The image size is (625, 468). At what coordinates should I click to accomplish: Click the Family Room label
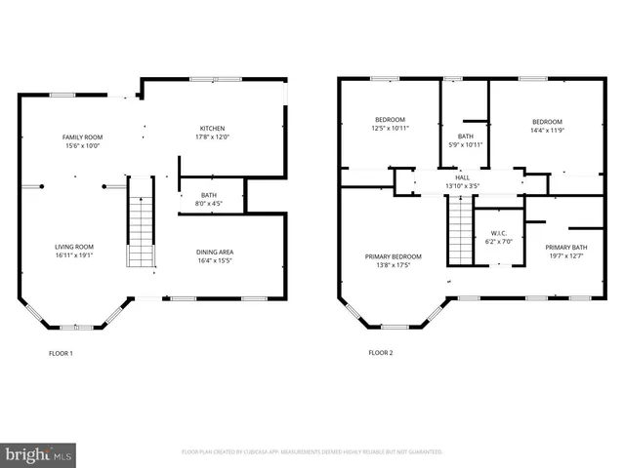[83, 137]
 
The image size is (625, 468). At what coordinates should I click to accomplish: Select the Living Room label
[74, 248]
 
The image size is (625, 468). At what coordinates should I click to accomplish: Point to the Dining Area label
[216, 253]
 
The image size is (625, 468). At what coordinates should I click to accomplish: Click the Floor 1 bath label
[209, 195]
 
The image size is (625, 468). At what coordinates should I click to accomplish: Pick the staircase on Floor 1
[143, 223]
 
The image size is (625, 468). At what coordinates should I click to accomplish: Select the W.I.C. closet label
[498, 233]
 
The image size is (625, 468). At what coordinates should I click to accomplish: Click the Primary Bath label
[566, 248]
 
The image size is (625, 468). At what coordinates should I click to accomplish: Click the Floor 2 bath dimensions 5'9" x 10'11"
[465, 144]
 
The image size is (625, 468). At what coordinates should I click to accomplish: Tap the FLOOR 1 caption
[61, 353]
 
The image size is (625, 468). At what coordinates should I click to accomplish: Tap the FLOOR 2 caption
[380, 353]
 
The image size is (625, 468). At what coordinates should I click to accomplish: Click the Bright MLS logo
[39, 454]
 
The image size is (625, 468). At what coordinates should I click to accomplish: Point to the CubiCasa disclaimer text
[312, 452]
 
